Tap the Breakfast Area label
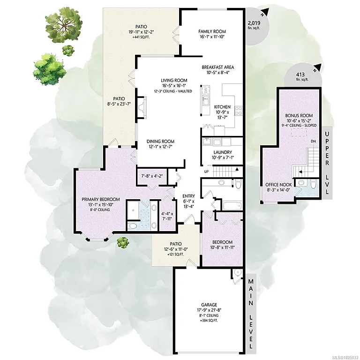pyautogui.click(x=217, y=67)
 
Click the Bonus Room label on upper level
pyautogui.click(x=299, y=116)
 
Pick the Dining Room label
pyautogui.click(x=160, y=142)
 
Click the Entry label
pyautogui.click(x=181, y=197)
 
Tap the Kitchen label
pyautogui.click(x=222, y=106)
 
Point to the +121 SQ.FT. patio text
pyautogui.click(x=176, y=256)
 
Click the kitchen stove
pyautogui.click(x=238, y=111)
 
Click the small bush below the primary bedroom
pyautogui.click(x=122, y=242)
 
